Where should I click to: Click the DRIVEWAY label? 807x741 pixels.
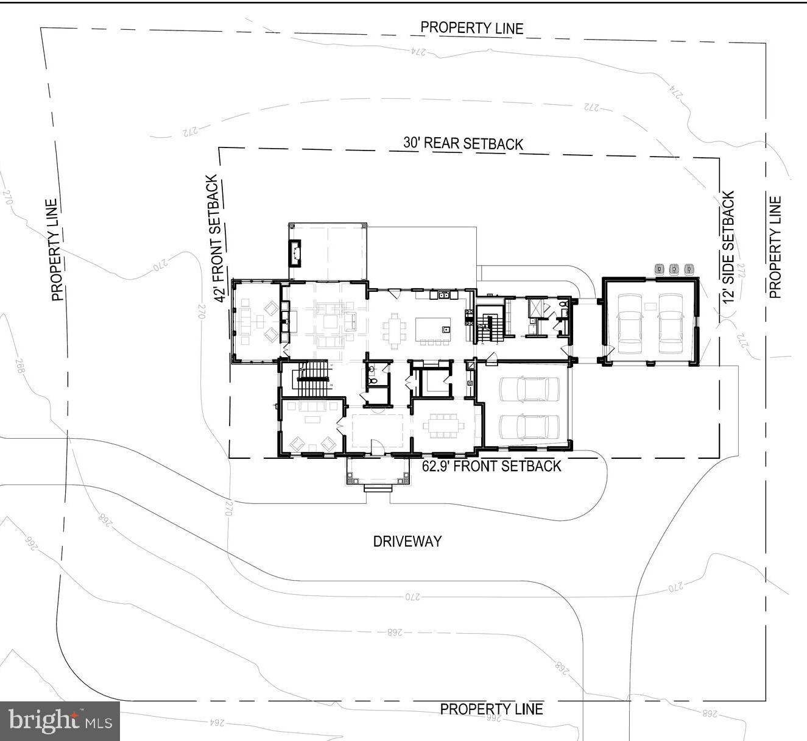coord(407,541)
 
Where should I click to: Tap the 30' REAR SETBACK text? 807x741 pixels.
coord(463,143)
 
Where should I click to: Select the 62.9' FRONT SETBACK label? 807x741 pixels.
coord(491,466)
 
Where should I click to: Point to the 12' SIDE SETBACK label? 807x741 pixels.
coord(728,247)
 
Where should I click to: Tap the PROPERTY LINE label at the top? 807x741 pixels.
coord(471,28)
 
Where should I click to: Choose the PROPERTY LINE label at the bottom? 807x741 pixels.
coord(491,709)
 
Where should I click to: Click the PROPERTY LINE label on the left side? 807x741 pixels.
coord(56,250)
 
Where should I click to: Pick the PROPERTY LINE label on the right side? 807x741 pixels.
coord(775,247)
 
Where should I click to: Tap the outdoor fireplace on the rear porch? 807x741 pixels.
coord(296,253)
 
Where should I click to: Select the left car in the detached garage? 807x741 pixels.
coord(630,323)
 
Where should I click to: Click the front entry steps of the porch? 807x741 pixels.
coord(377,488)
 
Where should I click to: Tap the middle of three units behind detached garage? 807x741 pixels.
coord(674,269)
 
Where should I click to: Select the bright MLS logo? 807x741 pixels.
coord(60,721)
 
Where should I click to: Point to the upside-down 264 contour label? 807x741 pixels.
coord(217,723)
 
